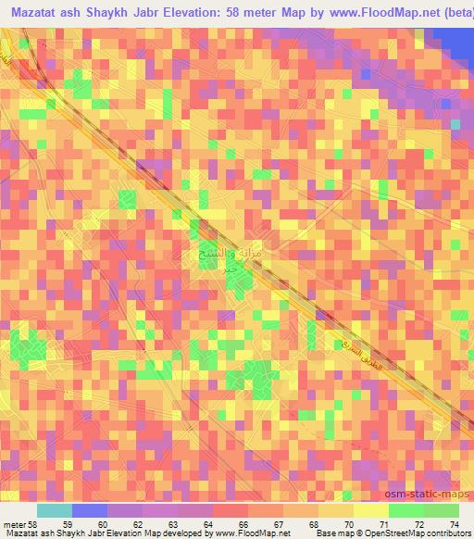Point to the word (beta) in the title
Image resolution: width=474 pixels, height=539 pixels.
451,13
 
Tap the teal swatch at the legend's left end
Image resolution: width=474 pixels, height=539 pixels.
54,510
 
